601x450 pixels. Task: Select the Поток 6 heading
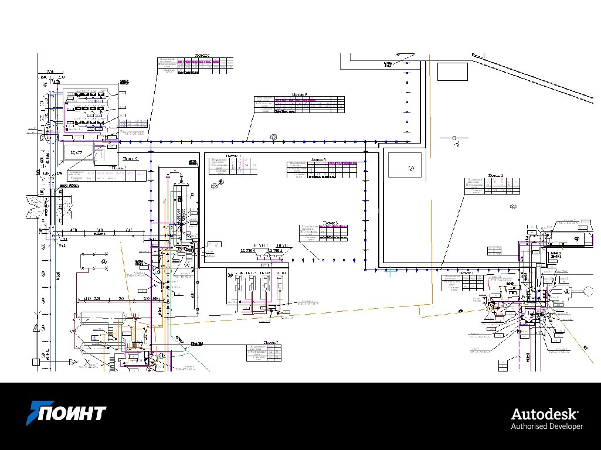pos(203,55)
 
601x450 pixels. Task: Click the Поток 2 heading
pos(497,175)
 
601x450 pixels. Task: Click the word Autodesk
pos(546,413)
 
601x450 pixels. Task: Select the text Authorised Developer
pos(547,426)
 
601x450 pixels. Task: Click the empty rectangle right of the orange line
pos(452,71)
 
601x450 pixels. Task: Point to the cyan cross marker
pos(390,271)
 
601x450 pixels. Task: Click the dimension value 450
pos(74,230)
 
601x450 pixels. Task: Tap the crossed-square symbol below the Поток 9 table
pos(273,137)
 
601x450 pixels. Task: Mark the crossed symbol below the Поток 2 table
pos(514,206)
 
